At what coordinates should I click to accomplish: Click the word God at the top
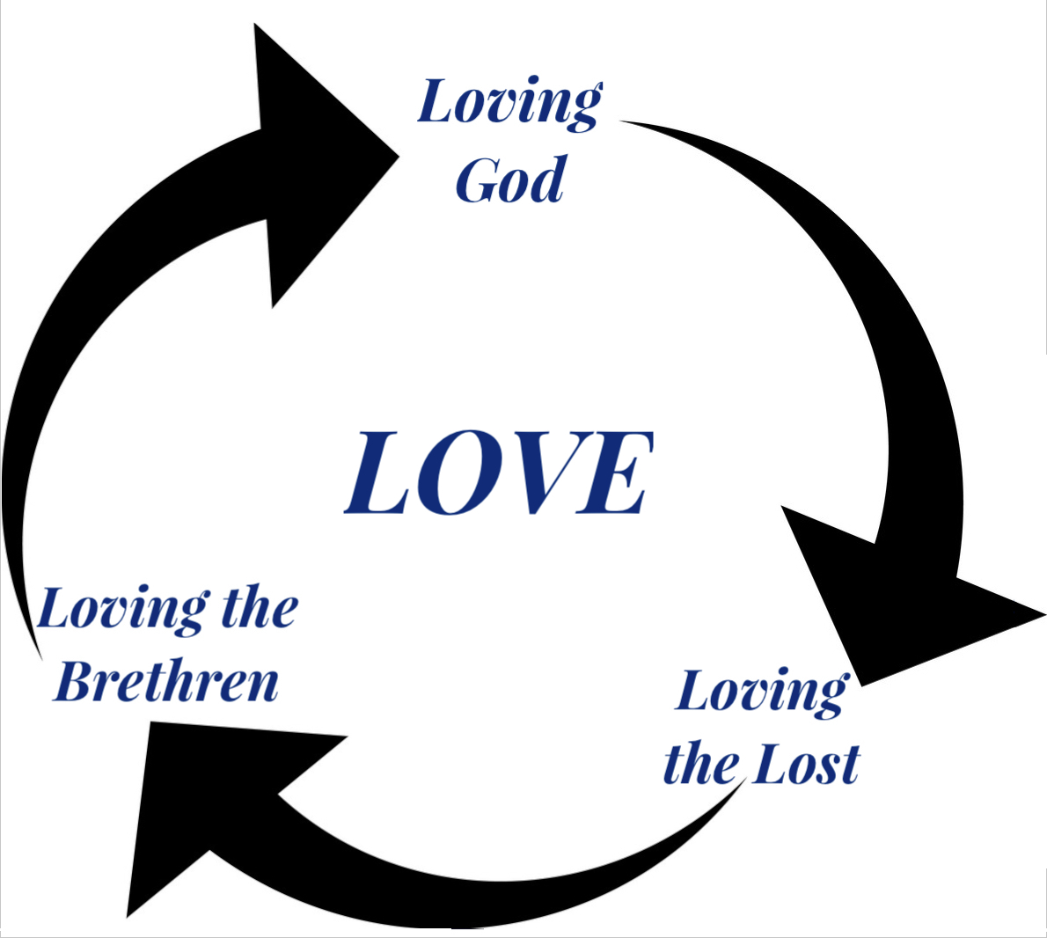[511, 179]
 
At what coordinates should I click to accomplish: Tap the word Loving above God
[510, 103]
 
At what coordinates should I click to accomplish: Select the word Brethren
[165, 682]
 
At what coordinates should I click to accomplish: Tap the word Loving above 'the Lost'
[763, 693]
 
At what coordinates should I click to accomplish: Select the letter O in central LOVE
[454, 473]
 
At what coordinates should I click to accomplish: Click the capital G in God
[478, 179]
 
